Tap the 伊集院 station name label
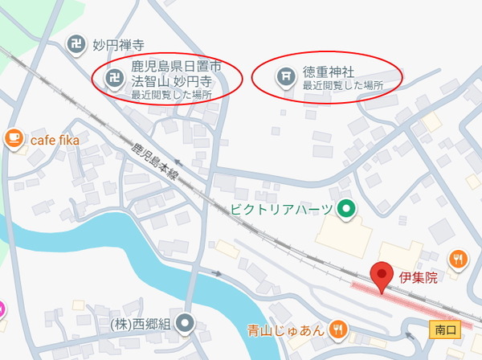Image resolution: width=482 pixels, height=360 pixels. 419,278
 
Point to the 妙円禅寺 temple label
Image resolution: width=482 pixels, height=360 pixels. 120,45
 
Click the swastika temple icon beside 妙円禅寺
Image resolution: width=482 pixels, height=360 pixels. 76,44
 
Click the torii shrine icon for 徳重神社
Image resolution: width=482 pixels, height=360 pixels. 284,76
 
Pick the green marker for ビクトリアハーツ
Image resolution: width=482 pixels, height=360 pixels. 345,210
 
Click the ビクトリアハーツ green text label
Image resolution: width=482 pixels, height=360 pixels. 282,210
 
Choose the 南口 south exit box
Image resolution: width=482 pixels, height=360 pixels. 440,329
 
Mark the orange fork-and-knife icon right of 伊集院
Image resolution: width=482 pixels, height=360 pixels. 459,259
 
